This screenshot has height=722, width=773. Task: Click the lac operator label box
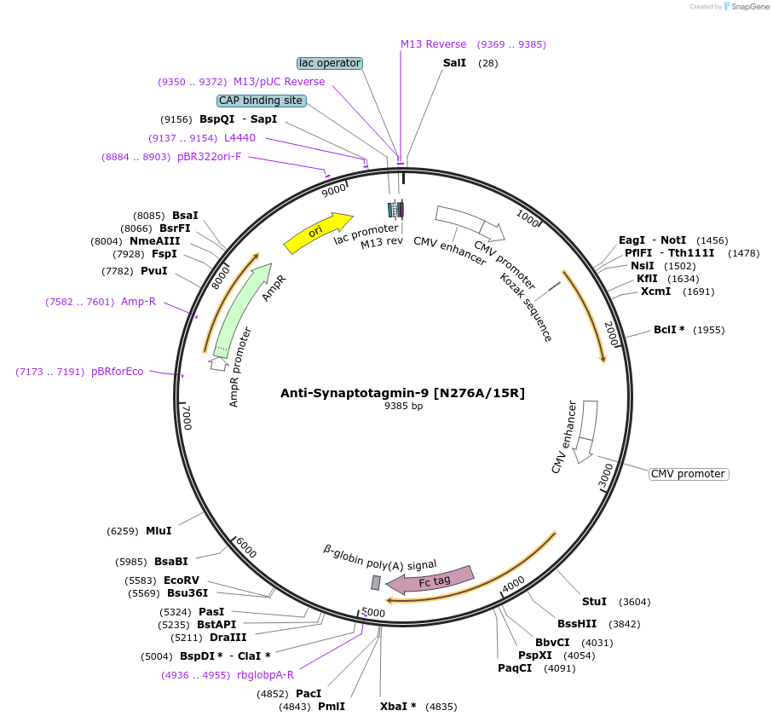tap(330, 63)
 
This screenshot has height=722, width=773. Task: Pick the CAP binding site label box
tap(261, 101)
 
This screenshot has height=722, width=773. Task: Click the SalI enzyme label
tap(454, 63)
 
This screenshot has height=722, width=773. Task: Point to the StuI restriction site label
tap(594, 602)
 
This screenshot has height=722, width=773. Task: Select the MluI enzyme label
tap(159, 531)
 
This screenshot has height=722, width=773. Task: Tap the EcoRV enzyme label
tap(182, 580)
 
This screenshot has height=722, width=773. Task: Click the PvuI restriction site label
tap(154, 271)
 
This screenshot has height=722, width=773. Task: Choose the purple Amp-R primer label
tap(138, 302)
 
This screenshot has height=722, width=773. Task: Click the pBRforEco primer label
tap(118, 372)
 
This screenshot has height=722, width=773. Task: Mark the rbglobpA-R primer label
tap(265, 675)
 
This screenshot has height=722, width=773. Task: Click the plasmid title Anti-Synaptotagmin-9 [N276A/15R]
tap(403, 393)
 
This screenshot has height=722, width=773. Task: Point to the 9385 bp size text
tap(403, 407)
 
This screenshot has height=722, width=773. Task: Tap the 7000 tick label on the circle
tap(188, 418)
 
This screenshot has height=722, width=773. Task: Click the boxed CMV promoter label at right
tap(689, 474)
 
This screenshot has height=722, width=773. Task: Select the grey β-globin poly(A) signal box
tap(376, 582)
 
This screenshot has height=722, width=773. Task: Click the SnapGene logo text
tap(745, 7)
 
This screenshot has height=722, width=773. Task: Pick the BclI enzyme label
tap(669, 330)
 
